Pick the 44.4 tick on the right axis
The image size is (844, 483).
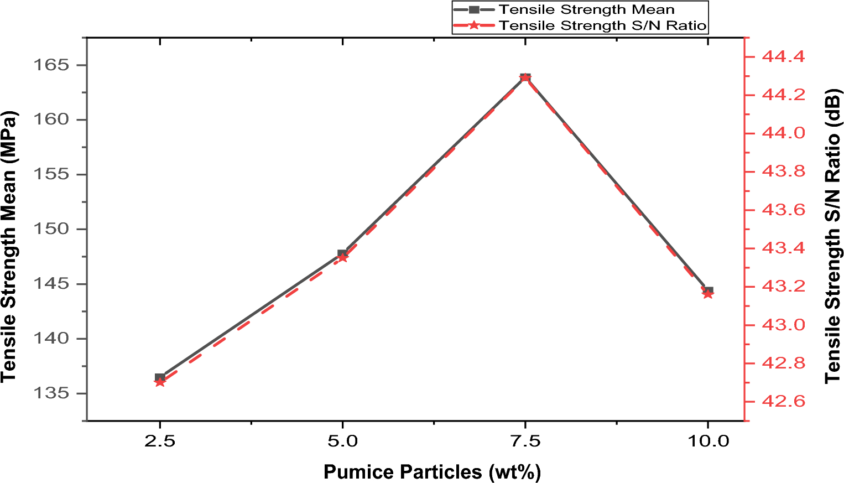coord(784,56)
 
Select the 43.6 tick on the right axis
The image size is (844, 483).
coord(784,210)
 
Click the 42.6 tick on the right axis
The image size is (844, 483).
coord(784,402)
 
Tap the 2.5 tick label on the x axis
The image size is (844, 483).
coord(160,441)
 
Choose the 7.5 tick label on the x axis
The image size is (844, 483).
coord(525,441)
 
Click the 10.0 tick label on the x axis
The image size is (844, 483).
coord(707,441)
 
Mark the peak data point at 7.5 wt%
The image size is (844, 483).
coord(525,77)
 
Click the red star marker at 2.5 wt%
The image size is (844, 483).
coord(160,382)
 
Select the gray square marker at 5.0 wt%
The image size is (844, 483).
coord(342,253)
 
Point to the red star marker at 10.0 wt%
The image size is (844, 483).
coord(708,294)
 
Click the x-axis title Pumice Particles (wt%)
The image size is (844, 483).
coord(432,472)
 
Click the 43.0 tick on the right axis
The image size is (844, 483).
coord(784,325)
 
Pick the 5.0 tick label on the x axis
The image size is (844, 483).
coord(342,441)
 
